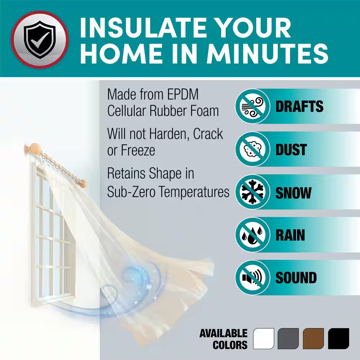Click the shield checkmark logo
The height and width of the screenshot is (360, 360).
click(x=40, y=40)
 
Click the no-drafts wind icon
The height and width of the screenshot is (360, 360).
click(x=253, y=106)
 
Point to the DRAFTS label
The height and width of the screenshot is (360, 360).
click(x=300, y=106)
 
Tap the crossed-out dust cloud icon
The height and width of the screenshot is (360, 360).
click(x=253, y=149)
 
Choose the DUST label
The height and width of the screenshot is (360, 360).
click(x=291, y=149)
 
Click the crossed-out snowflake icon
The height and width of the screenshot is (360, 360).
click(x=253, y=192)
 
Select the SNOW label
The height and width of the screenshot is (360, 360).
click(x=293, y=192)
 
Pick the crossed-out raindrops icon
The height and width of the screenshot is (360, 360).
click(x=253, y=235)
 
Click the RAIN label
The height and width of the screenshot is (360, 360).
click(x=290, y=235)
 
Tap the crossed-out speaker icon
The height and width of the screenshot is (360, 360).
click(x=253, y=277)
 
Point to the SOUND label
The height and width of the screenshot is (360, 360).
click(x=296, y=278)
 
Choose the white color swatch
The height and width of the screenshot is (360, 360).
click(x=264, y=338)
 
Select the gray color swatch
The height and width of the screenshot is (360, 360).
click(x=288, y=338)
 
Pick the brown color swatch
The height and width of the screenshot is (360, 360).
click(x=314, y=338)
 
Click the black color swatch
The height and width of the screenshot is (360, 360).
click(x=338, y=338)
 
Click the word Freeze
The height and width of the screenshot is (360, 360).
click(x=138, y=150)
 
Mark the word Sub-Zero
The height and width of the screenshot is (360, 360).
click(x=131, y=192)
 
